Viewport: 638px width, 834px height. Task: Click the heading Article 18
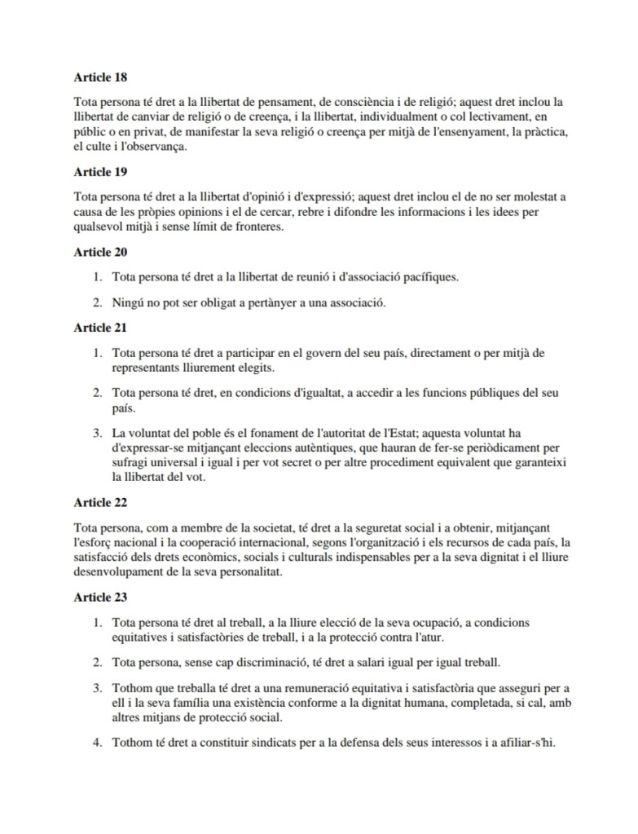(x=100, y=78)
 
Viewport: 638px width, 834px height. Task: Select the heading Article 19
(x=100, y=173)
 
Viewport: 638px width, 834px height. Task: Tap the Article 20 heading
(x=100, y=253)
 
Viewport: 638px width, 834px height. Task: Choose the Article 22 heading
(x=100, y=503)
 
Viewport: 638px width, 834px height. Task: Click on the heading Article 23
(x=100, y=598)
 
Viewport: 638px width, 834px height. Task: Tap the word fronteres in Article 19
(x=256, y=227)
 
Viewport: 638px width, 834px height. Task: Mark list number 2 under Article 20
(x=96, y=303)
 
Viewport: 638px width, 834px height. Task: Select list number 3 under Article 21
(x=96, y=433)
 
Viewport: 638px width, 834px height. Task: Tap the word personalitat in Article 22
(x=242, y=572)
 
